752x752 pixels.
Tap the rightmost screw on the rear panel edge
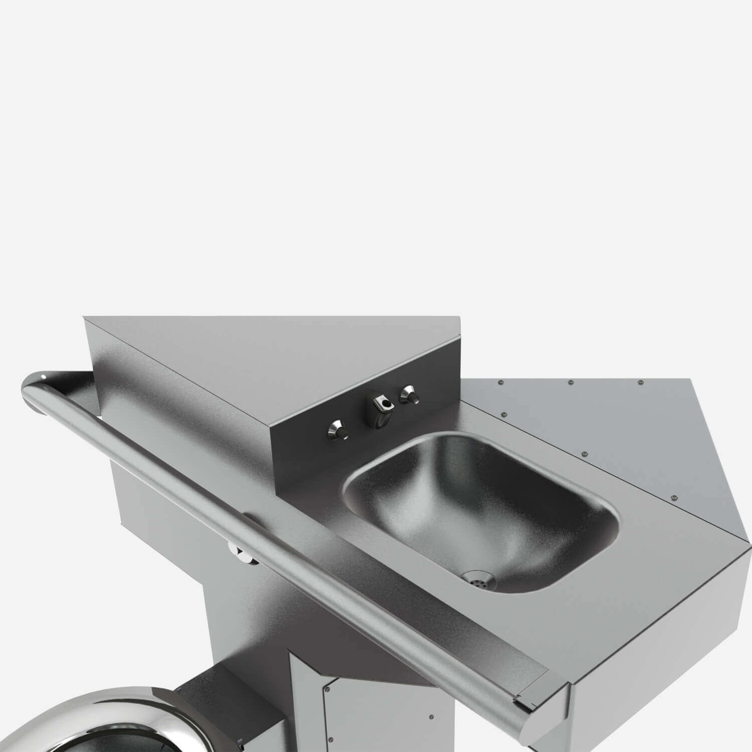click(640, 383)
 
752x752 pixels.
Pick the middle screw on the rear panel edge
click(570, 383)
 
